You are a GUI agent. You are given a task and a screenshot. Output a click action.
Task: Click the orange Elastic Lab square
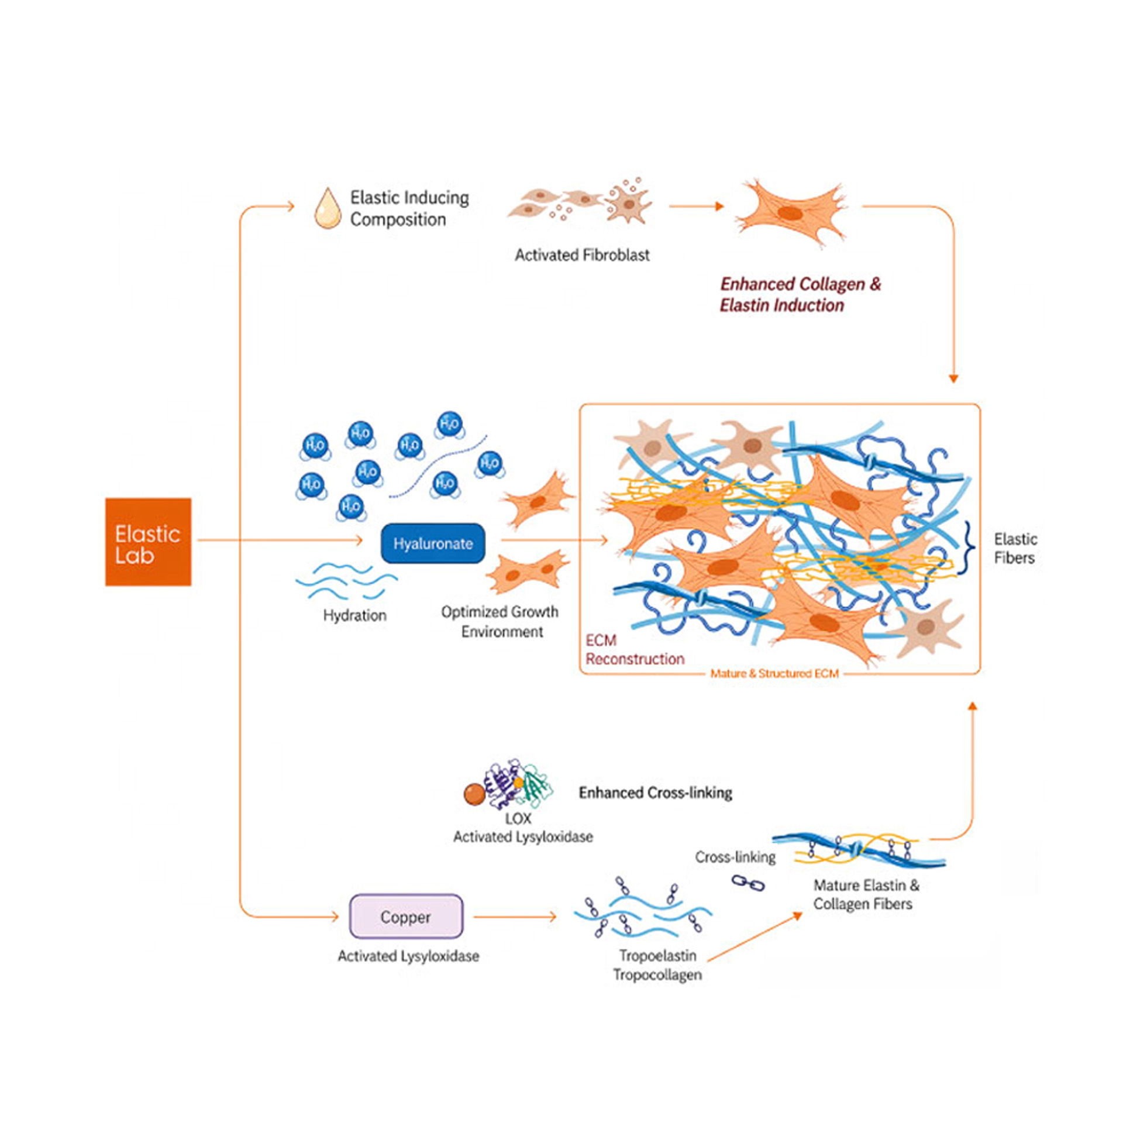[x=148, y=542]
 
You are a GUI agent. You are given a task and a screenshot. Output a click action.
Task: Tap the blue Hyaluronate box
[x=433, y=543]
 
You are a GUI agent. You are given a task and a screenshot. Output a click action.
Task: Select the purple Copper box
[x=406, y=917]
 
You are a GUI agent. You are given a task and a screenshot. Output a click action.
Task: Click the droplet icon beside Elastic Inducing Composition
[x=328, y=208]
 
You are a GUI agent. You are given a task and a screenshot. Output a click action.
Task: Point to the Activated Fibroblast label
[x=582, y=255]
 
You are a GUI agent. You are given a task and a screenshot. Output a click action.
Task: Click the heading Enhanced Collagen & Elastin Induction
[x=800, y=294]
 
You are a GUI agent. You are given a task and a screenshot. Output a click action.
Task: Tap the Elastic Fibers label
[x=1015, y=548]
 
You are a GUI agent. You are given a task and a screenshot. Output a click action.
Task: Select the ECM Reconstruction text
[x=635, y=649]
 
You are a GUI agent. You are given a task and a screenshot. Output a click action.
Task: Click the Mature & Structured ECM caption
[x=774, y=673]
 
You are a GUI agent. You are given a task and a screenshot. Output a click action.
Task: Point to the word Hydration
[x=354, y=615]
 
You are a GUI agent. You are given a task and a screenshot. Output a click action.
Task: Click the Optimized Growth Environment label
[x=500, y=622]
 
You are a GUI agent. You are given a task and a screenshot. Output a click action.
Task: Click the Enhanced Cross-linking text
[x=655, y=793]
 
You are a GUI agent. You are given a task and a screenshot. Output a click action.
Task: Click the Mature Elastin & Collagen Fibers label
[x=866, y=894]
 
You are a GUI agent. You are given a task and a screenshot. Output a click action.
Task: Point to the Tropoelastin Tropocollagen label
[x=657, y=965]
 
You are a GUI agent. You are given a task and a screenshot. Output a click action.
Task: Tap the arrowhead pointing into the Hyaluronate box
[x=359, y=540]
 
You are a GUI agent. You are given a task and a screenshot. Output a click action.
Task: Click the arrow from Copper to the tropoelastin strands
[x=515, y=917]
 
